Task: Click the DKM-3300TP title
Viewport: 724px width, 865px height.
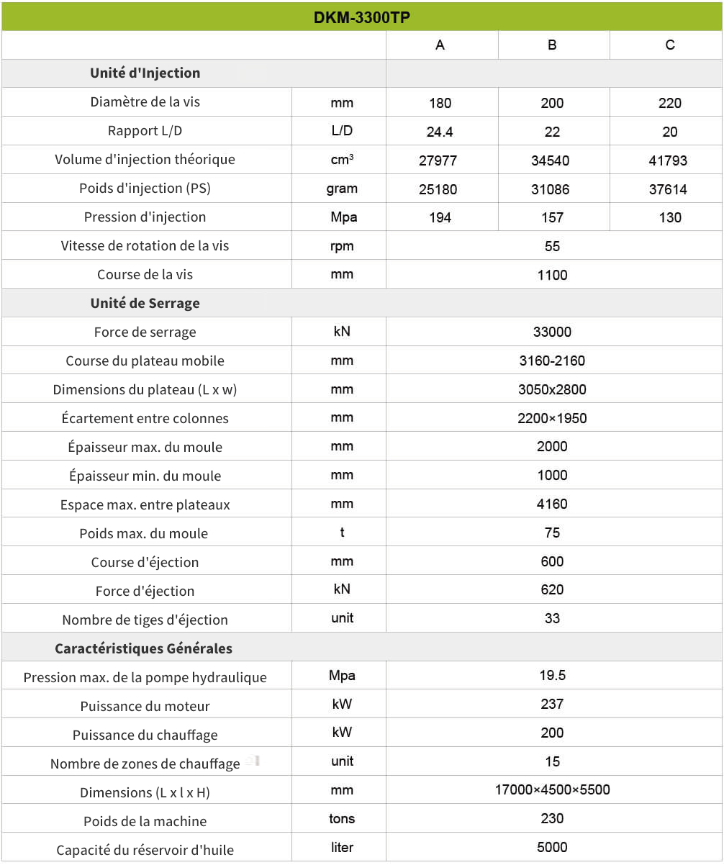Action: coord(362,17)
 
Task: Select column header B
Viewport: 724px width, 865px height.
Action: coord(552,45)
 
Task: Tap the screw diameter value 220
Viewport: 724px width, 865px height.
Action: coord(669,103)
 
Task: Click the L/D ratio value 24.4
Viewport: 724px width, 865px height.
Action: coord(440,132)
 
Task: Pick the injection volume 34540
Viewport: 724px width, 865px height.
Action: coord(552,160)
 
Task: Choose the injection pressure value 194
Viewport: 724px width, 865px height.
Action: coord(440,217)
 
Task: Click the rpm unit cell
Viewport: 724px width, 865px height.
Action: coord(342,246)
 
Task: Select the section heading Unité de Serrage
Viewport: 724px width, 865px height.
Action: coord(145,303)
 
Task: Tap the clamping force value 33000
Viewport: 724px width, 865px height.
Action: coord(552,332)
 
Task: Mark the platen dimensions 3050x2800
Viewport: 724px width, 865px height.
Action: coord(552,389)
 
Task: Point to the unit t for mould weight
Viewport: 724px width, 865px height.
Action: coord(342,533)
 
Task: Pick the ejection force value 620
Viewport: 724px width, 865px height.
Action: coord(552,589)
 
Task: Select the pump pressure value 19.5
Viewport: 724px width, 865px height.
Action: coord(552,675)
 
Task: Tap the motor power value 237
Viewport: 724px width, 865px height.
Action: coord(552,704)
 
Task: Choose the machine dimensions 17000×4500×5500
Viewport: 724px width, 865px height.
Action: coord(552,789)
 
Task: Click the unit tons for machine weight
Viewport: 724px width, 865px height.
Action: coord(342,818)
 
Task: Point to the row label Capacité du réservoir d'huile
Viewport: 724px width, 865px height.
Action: coord(145,850)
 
